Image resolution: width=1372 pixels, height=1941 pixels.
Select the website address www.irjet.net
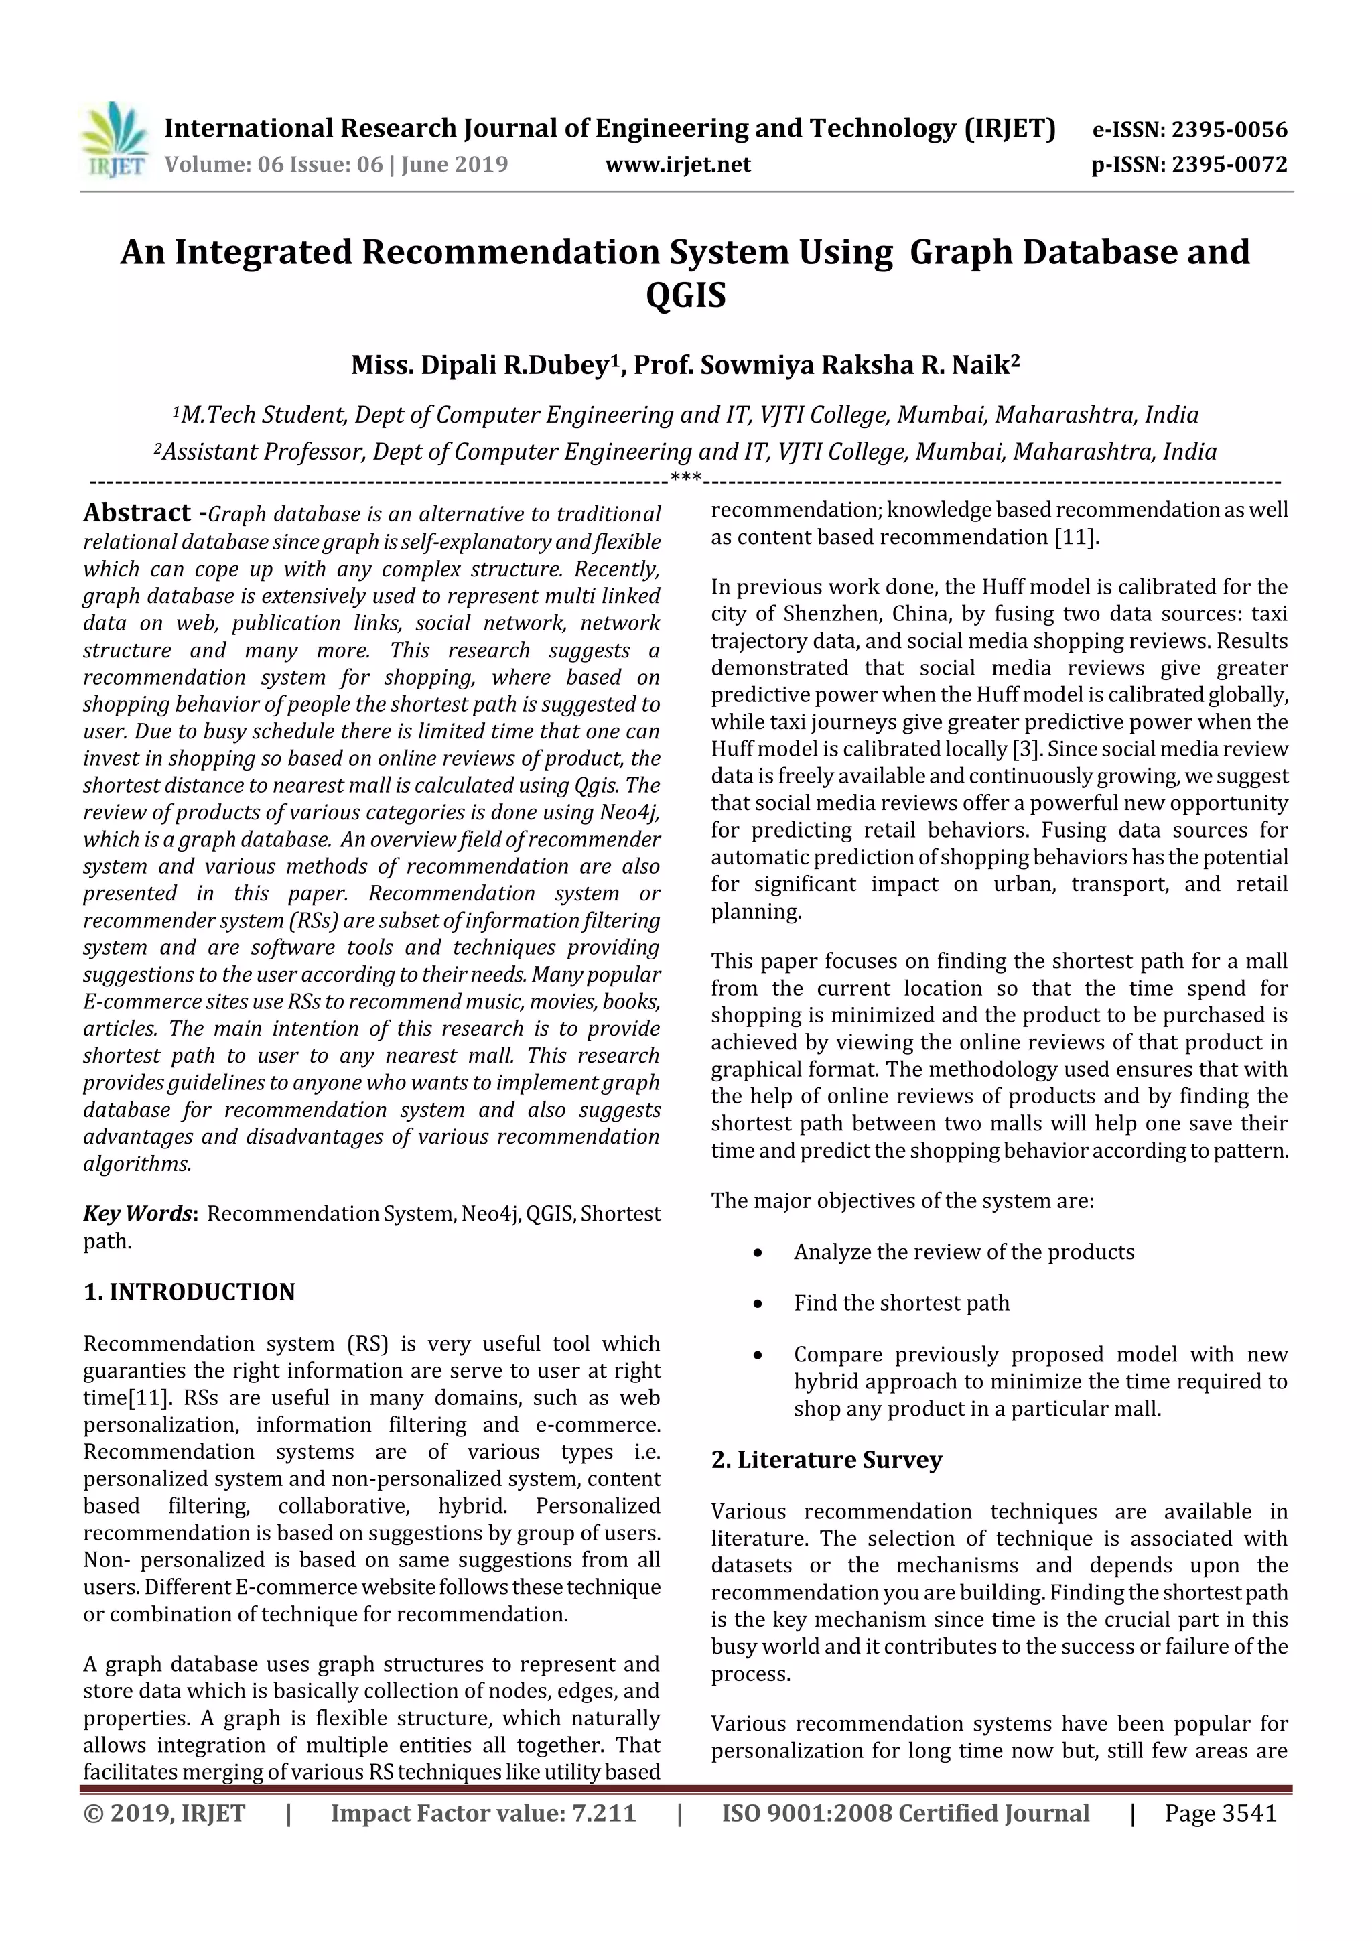[x=678, y=165]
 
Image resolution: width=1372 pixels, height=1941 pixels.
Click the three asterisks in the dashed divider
[x=685, y=479]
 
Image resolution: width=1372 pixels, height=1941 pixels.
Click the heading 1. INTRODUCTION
[x=190, y=1292]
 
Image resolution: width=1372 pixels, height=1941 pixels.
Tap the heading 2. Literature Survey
[x=826, y=1460]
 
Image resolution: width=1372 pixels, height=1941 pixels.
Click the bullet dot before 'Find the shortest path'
[x=758, y=1304]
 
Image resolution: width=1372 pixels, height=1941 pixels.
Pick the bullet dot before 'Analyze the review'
[x=758, y=1253]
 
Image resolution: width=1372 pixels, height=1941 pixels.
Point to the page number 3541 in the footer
[x=1249, y=1813]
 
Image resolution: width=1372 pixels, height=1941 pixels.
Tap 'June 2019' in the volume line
[x=455, y=165]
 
